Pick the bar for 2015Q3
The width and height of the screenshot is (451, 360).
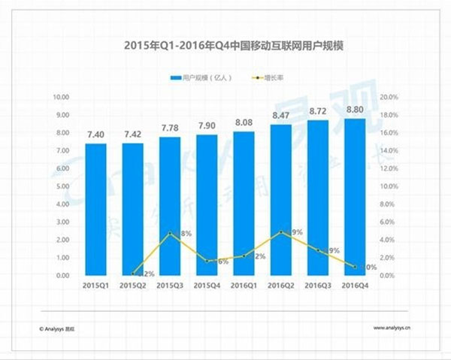[x=170, y=206]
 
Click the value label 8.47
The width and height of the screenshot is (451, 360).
[x=280, y=116]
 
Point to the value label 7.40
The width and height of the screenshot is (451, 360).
[x=95, y=135]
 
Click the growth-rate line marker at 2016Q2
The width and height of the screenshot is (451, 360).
[x=280, y=232]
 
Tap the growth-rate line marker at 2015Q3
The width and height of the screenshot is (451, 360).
[x=170, y=234]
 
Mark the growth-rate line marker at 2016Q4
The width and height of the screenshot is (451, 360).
[x=355, y=266]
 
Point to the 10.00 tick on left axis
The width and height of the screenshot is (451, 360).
[x=61, y=97]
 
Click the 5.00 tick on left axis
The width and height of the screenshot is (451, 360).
[x=62, y=186]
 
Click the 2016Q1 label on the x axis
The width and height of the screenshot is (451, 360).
[x=244, y=286]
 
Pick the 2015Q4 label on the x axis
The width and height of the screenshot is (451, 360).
[x=207, y=286]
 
